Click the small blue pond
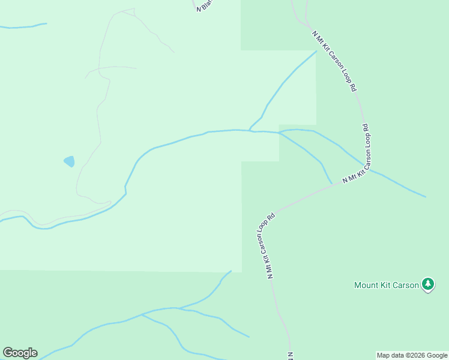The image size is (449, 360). (x=70, y=161)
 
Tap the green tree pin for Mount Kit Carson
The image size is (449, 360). (x=427, y=284)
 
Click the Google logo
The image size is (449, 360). (x=20, y=353)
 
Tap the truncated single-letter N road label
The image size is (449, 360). (x=289, y=355)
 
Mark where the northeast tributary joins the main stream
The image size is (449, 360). (x=250, y=130)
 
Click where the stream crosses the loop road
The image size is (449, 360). (x=366, y=167)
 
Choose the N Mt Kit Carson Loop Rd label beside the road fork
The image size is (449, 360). (x=267, y=246)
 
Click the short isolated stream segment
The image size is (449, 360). (x=24, y=26)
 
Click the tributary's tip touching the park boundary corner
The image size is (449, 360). (x=316, y=52)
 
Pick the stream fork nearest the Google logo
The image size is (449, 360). (x=142, y=314)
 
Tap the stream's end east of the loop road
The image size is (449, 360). (x=425, y=196)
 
